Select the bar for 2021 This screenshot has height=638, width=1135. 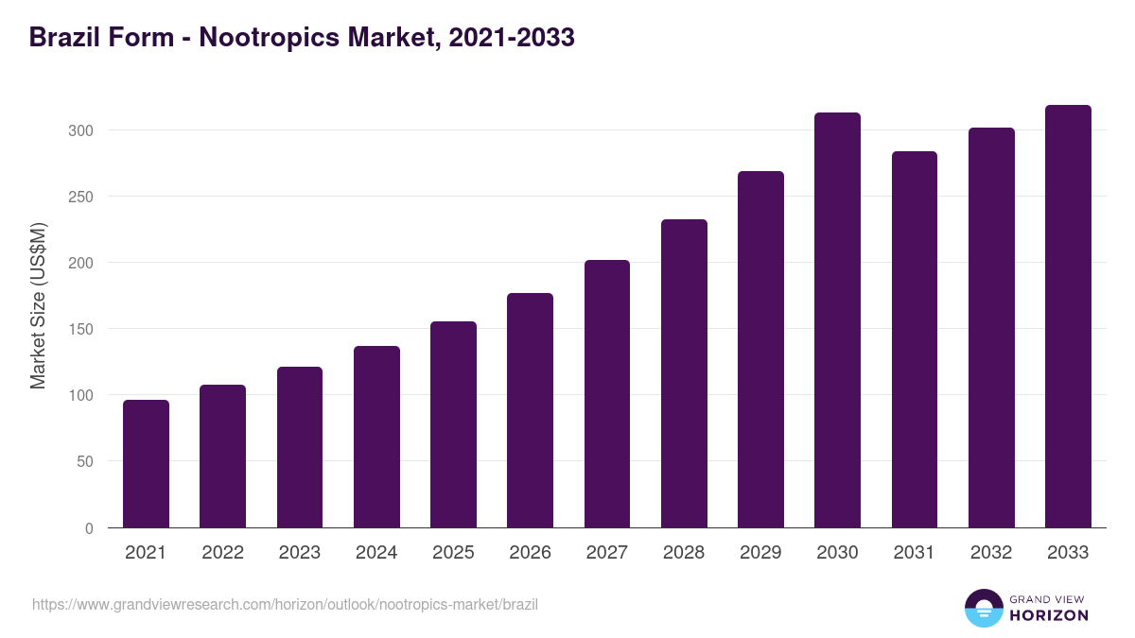tap(146, 463)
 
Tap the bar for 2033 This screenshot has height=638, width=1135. tap(1068, 316)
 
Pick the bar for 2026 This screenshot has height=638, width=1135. tap(530, 410)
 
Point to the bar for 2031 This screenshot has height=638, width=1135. tap(914, 339)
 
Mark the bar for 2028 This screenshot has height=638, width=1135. tap(684, 373)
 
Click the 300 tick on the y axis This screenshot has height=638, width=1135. tap(80, 130)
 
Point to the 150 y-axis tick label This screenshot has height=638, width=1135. tap(80, 329)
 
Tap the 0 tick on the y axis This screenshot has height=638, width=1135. tap(89, 528)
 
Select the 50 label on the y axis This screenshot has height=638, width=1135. tap(84, 462)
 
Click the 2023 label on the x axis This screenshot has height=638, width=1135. tap(300, 553)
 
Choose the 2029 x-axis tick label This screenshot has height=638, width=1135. tap(760, 553)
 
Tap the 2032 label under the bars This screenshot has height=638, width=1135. tap(991, 553)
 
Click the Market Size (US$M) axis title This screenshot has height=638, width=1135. tap(38, 306)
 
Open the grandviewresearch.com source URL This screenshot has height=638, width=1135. tap(285, 604)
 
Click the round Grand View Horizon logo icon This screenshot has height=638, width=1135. tap(983, 608)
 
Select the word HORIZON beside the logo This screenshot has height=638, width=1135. tap(1049, 615)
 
